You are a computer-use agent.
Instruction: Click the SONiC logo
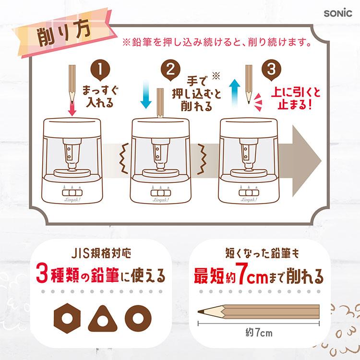(x=338, y=13)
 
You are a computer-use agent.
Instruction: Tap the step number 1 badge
(x=100, y=70)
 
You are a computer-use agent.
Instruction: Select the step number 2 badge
(x=170, y=70)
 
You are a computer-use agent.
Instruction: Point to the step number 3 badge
(x=271, y=70)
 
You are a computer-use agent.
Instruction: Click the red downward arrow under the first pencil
(x=72, y=108)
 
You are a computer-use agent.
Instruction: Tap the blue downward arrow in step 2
(x=146, y=95)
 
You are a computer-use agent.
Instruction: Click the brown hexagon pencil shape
(x=67, y=318)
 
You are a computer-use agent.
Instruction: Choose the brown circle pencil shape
(x=138, y=318)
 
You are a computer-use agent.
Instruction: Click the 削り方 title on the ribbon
(x=64, y=35)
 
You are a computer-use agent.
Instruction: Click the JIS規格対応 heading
(x=101, y=253)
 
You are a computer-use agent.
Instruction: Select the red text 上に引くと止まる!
(x=296, y=99)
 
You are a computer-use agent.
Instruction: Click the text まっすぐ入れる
(x=100, y=96)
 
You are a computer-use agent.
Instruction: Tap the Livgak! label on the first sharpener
(x=72, y=200)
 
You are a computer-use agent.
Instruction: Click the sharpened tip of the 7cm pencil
(x=198, y=312)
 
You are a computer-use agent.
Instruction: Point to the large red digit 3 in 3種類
(x=42, y=275)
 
